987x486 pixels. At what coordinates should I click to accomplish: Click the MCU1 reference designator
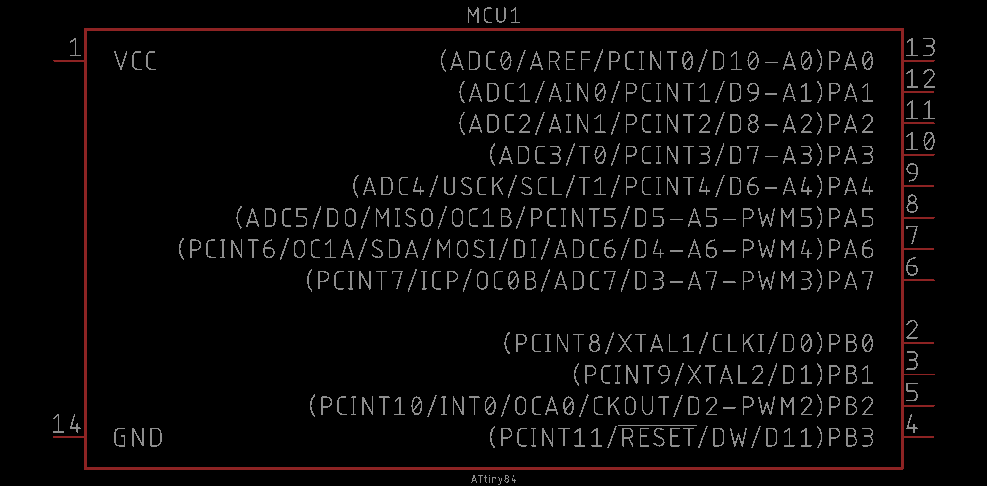pyautogui.click(x=493, y=16)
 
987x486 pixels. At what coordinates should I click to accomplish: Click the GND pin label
pyautogui.click(x=138, y=438)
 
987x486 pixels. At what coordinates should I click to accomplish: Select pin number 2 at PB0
pyautogui.click(x=912, y=330)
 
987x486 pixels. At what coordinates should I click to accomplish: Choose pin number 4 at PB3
pyautogui.click(x=912, y=424)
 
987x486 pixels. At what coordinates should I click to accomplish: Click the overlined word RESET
pyautogui.click(x=657, y=438)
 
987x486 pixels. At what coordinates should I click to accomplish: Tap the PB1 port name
pyautogui.click(x=851, y=375)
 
